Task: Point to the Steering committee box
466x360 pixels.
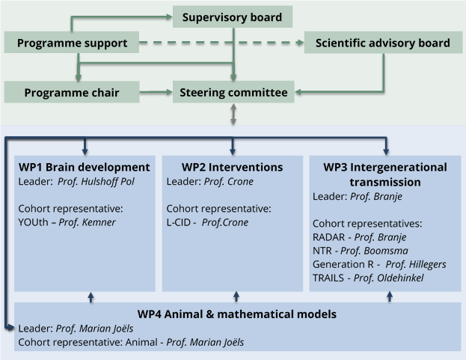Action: tap(233, 93)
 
